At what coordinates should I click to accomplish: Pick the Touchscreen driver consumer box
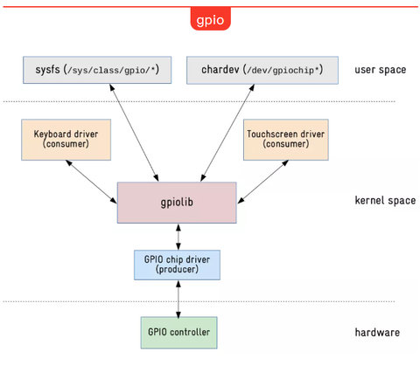pos(286,140)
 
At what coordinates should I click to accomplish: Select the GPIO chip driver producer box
pos(177,263)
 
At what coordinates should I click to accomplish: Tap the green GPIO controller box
pos(178,332)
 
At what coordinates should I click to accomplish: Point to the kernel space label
pos(384,201)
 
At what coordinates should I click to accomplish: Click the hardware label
pos(378,333)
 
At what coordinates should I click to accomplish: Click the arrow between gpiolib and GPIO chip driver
pos(178,234)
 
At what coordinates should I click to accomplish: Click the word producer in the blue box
pos(178,270)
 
